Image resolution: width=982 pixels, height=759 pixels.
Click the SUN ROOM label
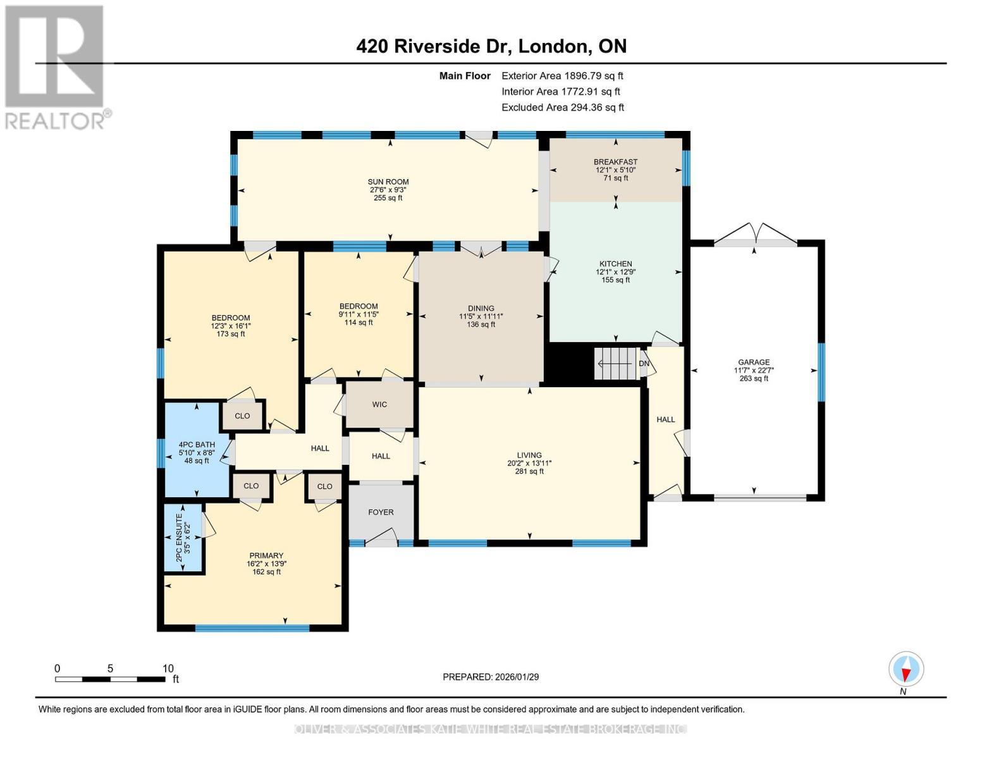point(388,182)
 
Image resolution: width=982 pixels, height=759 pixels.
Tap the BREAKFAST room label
point(616,162)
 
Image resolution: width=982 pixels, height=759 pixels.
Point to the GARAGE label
point(754,362)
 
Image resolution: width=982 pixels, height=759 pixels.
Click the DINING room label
point(481,309)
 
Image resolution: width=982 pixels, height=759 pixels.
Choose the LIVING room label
point(529,455)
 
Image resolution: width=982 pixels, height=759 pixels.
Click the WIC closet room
point(379,405)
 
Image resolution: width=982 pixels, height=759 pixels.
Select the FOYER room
point(381,512)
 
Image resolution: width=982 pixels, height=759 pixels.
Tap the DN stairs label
point(644,364)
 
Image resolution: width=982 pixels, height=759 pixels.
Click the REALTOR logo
point(56,66)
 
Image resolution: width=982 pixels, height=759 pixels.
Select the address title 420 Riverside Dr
point(491,46)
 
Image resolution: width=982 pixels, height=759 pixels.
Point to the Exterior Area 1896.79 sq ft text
point(562,76)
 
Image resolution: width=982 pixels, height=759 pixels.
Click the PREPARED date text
point(491,677)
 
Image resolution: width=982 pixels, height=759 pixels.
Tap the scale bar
point(110,679)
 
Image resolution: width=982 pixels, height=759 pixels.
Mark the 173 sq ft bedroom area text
point(230,334)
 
